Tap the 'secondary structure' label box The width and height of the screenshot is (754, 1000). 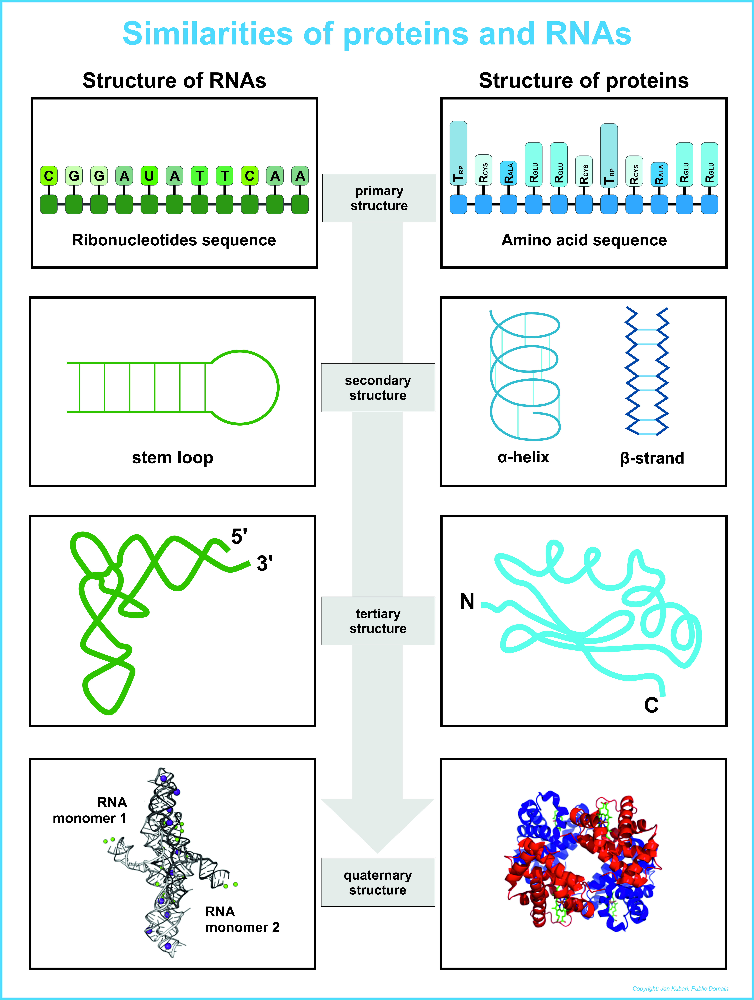378,387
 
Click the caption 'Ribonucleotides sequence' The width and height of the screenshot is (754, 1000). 174,240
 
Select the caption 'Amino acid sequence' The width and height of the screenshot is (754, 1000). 584,240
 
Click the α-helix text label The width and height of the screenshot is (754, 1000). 523,457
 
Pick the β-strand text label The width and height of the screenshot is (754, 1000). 652,458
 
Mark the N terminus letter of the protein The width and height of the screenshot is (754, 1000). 467,602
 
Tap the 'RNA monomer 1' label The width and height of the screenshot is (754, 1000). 90,810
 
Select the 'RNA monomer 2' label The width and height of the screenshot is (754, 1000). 242,919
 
